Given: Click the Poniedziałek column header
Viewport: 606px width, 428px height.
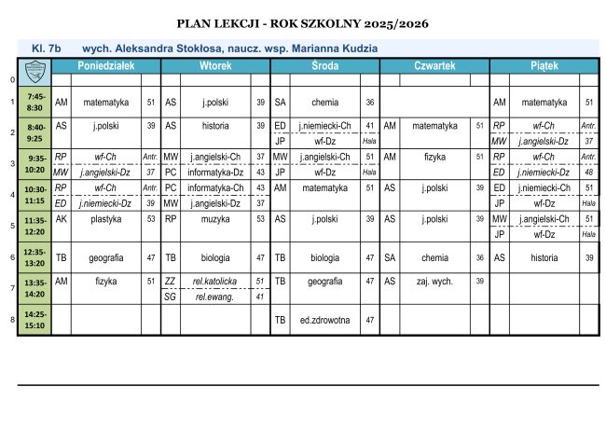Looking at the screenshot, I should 106,67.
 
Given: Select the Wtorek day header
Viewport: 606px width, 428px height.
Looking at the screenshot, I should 215,67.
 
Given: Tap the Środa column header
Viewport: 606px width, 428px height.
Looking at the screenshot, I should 324,67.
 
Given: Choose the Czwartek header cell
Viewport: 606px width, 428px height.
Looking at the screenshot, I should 434,67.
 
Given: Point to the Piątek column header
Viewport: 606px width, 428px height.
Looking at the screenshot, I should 544,67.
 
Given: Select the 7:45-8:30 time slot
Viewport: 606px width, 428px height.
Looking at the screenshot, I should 36,102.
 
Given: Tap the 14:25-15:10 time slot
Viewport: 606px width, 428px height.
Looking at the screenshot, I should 36,320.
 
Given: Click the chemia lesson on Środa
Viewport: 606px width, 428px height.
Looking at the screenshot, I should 324,102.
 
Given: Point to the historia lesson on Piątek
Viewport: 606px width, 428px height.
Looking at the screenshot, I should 544,257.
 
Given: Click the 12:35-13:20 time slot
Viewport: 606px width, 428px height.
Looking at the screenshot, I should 36,257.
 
